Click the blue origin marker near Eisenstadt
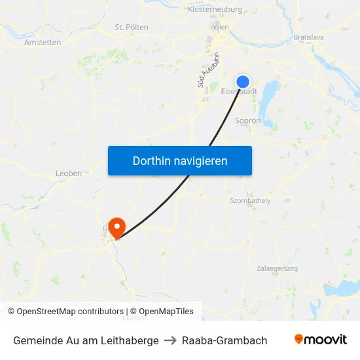(242, 81)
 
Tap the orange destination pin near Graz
(117, 226)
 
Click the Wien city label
(221, 27)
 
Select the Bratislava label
(309, 37)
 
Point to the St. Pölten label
(132, 27)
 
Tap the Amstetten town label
(43, 42)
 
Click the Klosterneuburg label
(215, 10)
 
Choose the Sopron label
(247, 120)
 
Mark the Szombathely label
(250, 200)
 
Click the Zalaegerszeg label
(278, 268)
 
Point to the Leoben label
(69, 173)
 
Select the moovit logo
(321, 340)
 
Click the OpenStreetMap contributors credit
(65, 312)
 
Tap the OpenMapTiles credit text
(162, 312)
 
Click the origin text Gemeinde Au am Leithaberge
(86, 340)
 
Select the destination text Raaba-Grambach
(225, 340)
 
